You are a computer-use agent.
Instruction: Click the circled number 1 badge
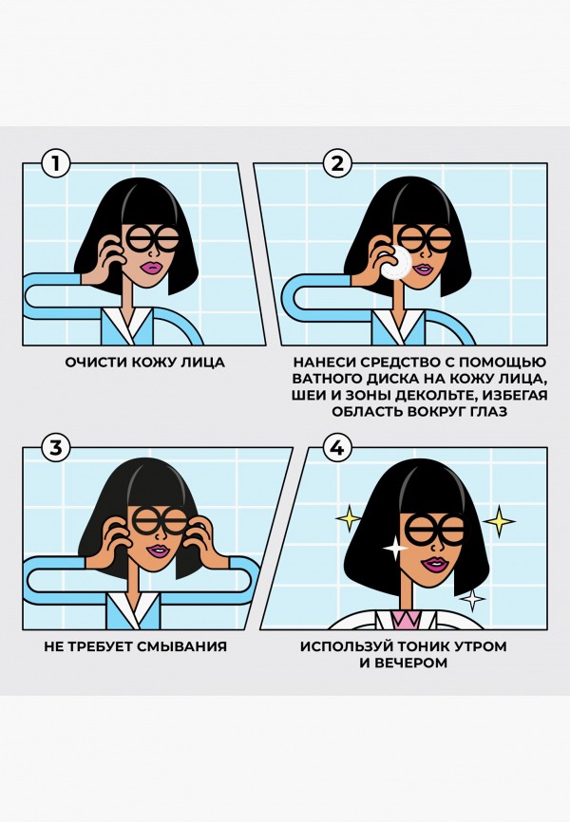pos(56,163)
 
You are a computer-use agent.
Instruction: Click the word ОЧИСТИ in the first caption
pos(91,362)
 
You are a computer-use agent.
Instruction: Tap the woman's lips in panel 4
pos(436,565)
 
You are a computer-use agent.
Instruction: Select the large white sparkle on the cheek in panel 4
pos(390,549)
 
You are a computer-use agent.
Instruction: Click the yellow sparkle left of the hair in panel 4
pos(350,518)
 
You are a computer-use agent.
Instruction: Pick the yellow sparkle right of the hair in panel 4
pos(499,519)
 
